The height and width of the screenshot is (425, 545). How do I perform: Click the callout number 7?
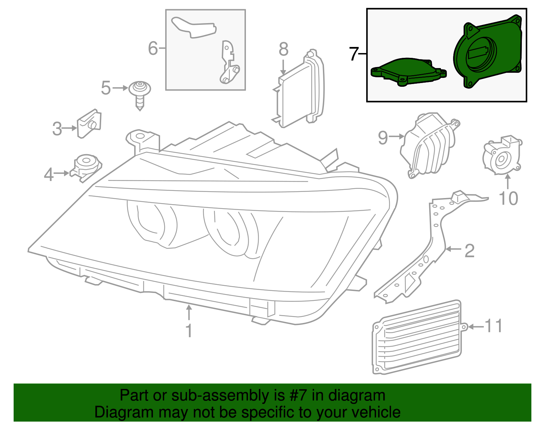[x=354, y=54]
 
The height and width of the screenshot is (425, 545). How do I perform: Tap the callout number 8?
[x=283, y=50]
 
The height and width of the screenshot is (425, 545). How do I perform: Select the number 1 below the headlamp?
[x=189, y=331]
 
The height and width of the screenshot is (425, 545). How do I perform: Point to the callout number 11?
[x=493, y=326]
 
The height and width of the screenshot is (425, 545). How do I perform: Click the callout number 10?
[x=508, y=198]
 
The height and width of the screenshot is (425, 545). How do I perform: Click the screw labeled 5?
[x=140, y=94]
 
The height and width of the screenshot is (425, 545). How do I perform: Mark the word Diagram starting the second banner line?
[x=114, y=412]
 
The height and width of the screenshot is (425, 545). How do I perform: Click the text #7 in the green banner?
[x=299, y=395]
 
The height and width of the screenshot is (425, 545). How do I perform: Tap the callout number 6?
[x=153, y=48]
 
